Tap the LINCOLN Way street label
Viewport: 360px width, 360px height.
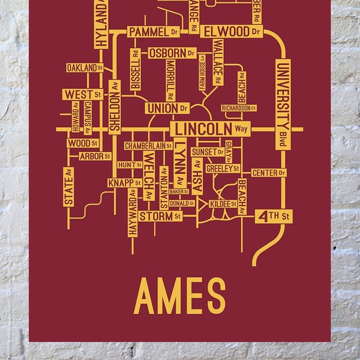tap(209, 129)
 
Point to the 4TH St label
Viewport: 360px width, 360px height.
tap(273, 216)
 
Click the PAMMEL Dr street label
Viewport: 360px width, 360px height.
tap(154, 31)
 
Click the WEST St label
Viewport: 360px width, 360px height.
tap(82, 95)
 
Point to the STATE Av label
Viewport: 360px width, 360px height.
tap(68, 187)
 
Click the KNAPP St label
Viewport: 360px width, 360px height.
tap(125, 182)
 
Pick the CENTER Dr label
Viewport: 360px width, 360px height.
tap(268, 173)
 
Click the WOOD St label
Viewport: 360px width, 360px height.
tap(82, 143)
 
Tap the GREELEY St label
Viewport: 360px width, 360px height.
tap(223, 169)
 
